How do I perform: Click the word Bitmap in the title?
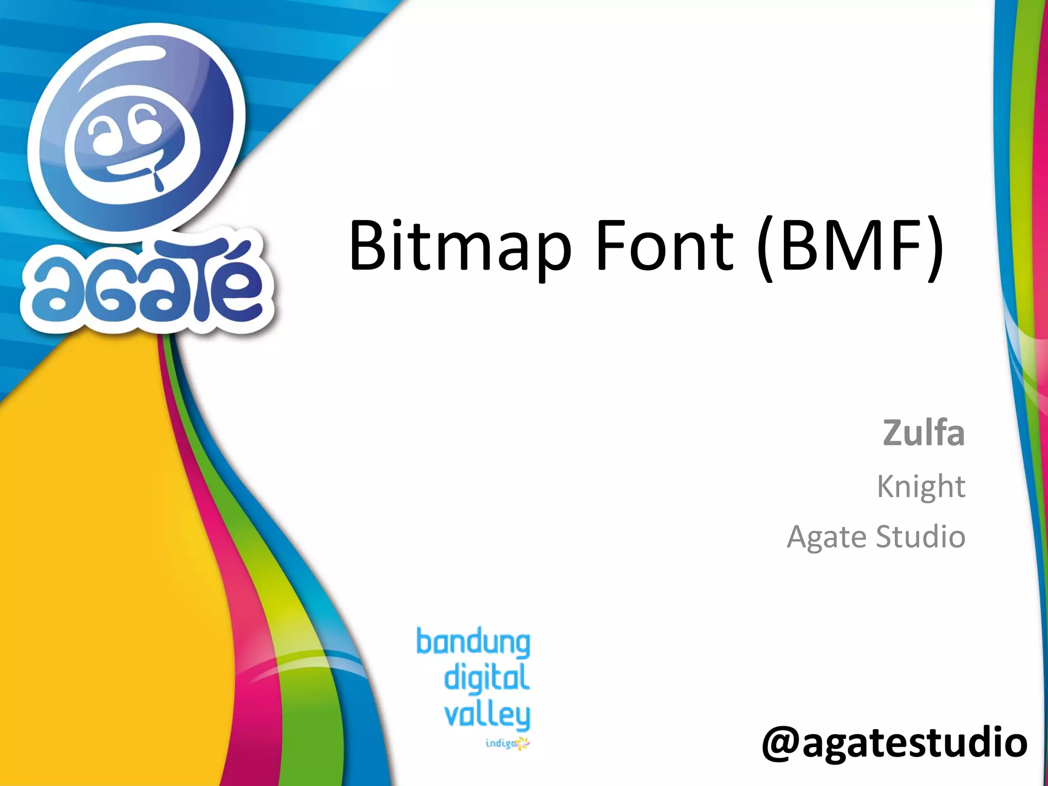click(460, 246)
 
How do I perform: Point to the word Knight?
click(921, 486)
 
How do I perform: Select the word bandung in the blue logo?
click(473, 643)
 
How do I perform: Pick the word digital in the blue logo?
click(486, 678)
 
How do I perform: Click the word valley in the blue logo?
click(487, 715)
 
